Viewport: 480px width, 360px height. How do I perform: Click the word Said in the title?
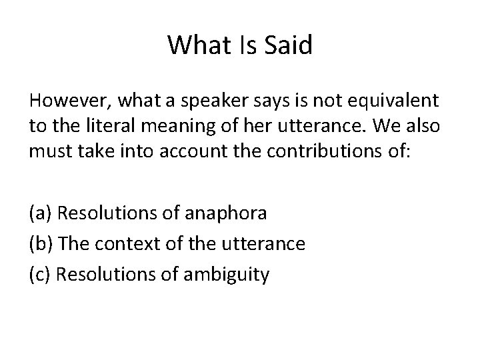click(x=288, y=45)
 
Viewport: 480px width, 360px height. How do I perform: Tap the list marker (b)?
click(x=41, y=244)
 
